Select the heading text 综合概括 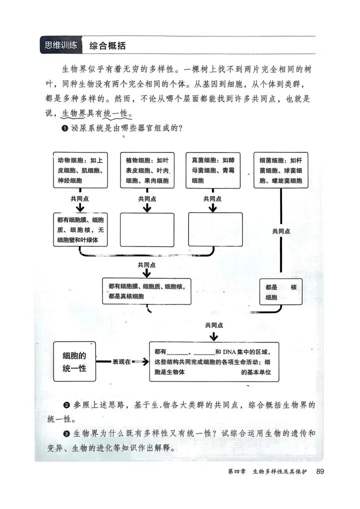click(x=107, y=46)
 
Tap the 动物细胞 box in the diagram click(x=80, y=170)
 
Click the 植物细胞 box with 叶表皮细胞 click(x=147, y=170)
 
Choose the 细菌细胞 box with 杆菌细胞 click(x=280, y=170)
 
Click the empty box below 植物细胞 click(x=147, y=229)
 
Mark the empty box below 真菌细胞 click(x=215, y=229)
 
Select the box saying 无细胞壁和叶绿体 click(x=80, y=229)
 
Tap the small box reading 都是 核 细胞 click(x=280, y=292)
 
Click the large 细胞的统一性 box click(x=74, y=362)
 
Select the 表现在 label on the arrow click(x=121, y=361)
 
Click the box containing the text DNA click(x=214, y=362)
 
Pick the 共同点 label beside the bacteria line click(x=281, y=231)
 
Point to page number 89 click(x=320, y=471)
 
